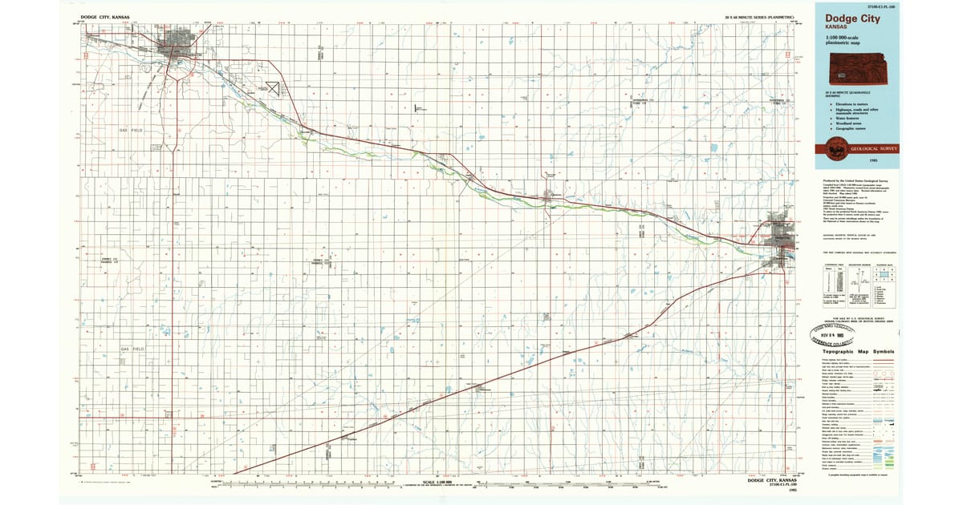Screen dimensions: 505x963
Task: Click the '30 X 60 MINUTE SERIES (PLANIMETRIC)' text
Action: [758, 16]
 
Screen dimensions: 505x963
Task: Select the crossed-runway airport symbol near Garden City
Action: [273, 85]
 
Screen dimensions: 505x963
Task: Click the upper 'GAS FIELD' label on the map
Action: [131, 129]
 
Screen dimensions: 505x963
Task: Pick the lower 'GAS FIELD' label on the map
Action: [131, 349]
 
